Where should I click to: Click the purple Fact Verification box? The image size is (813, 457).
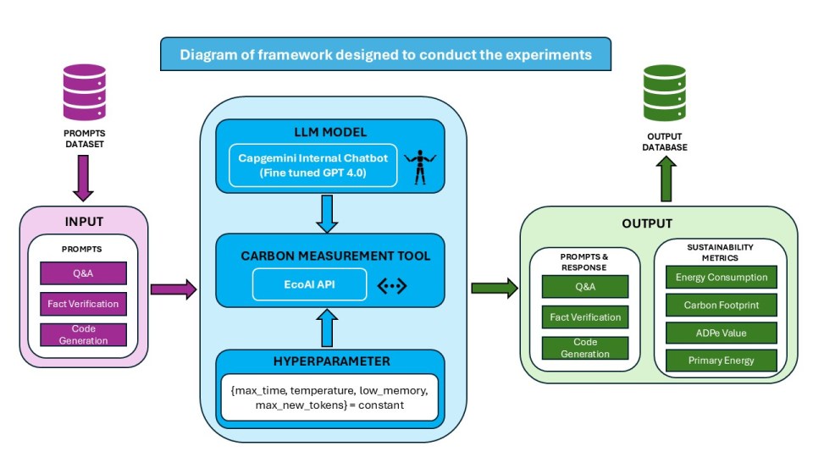point(83,303)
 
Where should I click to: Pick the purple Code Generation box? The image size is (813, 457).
point(83,334)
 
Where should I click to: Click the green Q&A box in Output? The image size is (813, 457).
point(585,286)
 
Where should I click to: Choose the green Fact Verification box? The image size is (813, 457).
point(585,317)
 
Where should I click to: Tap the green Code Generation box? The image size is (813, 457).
point(585,348)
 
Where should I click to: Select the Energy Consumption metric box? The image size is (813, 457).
point(721,277)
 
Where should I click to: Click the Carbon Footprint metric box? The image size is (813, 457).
point(721,304)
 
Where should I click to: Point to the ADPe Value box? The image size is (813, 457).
point(721,332)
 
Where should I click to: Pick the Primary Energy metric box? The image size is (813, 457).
point(721,360)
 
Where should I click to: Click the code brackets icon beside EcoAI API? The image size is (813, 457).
point(391,286)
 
